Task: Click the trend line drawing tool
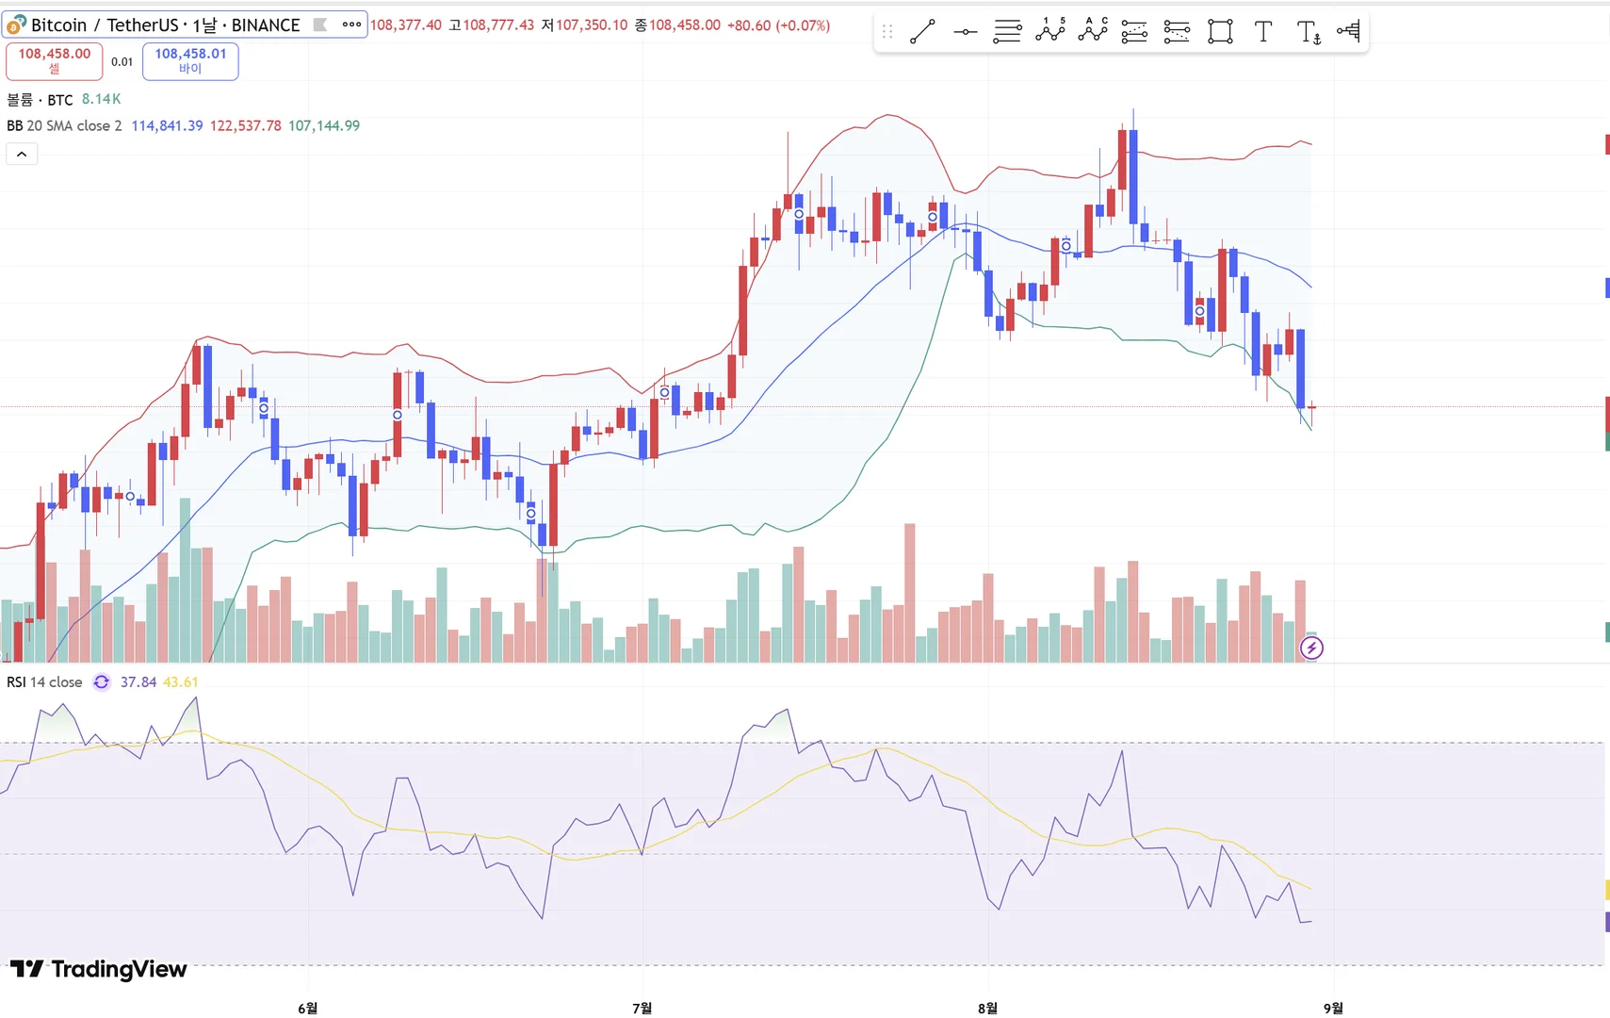[x=922, y=32]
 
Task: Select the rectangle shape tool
[x=1220, y=32]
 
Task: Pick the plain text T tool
[x=1263, y=32]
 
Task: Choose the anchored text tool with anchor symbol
[x=1309, y=33]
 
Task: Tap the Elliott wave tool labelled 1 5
[x=1049, y=31]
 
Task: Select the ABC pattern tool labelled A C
[x=1093, y=31]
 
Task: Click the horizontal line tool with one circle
[x=965, y=32]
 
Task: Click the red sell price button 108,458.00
[x=55, y=60]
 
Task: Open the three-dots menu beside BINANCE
[x=351, y=25]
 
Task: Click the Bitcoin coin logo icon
[x=16, y=25]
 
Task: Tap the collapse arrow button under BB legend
[x=22, y=154]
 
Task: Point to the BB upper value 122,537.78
[x=245, y=125]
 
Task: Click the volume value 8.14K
[x=101, y=99]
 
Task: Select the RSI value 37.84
[x=138, y=681]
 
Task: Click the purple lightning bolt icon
[x=1311, y=648]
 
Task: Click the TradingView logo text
[x=100, y=969]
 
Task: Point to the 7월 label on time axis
[x=642, y=1008]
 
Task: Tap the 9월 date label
[x=1333, y=1008]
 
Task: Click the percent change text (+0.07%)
[x=803, y=25]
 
